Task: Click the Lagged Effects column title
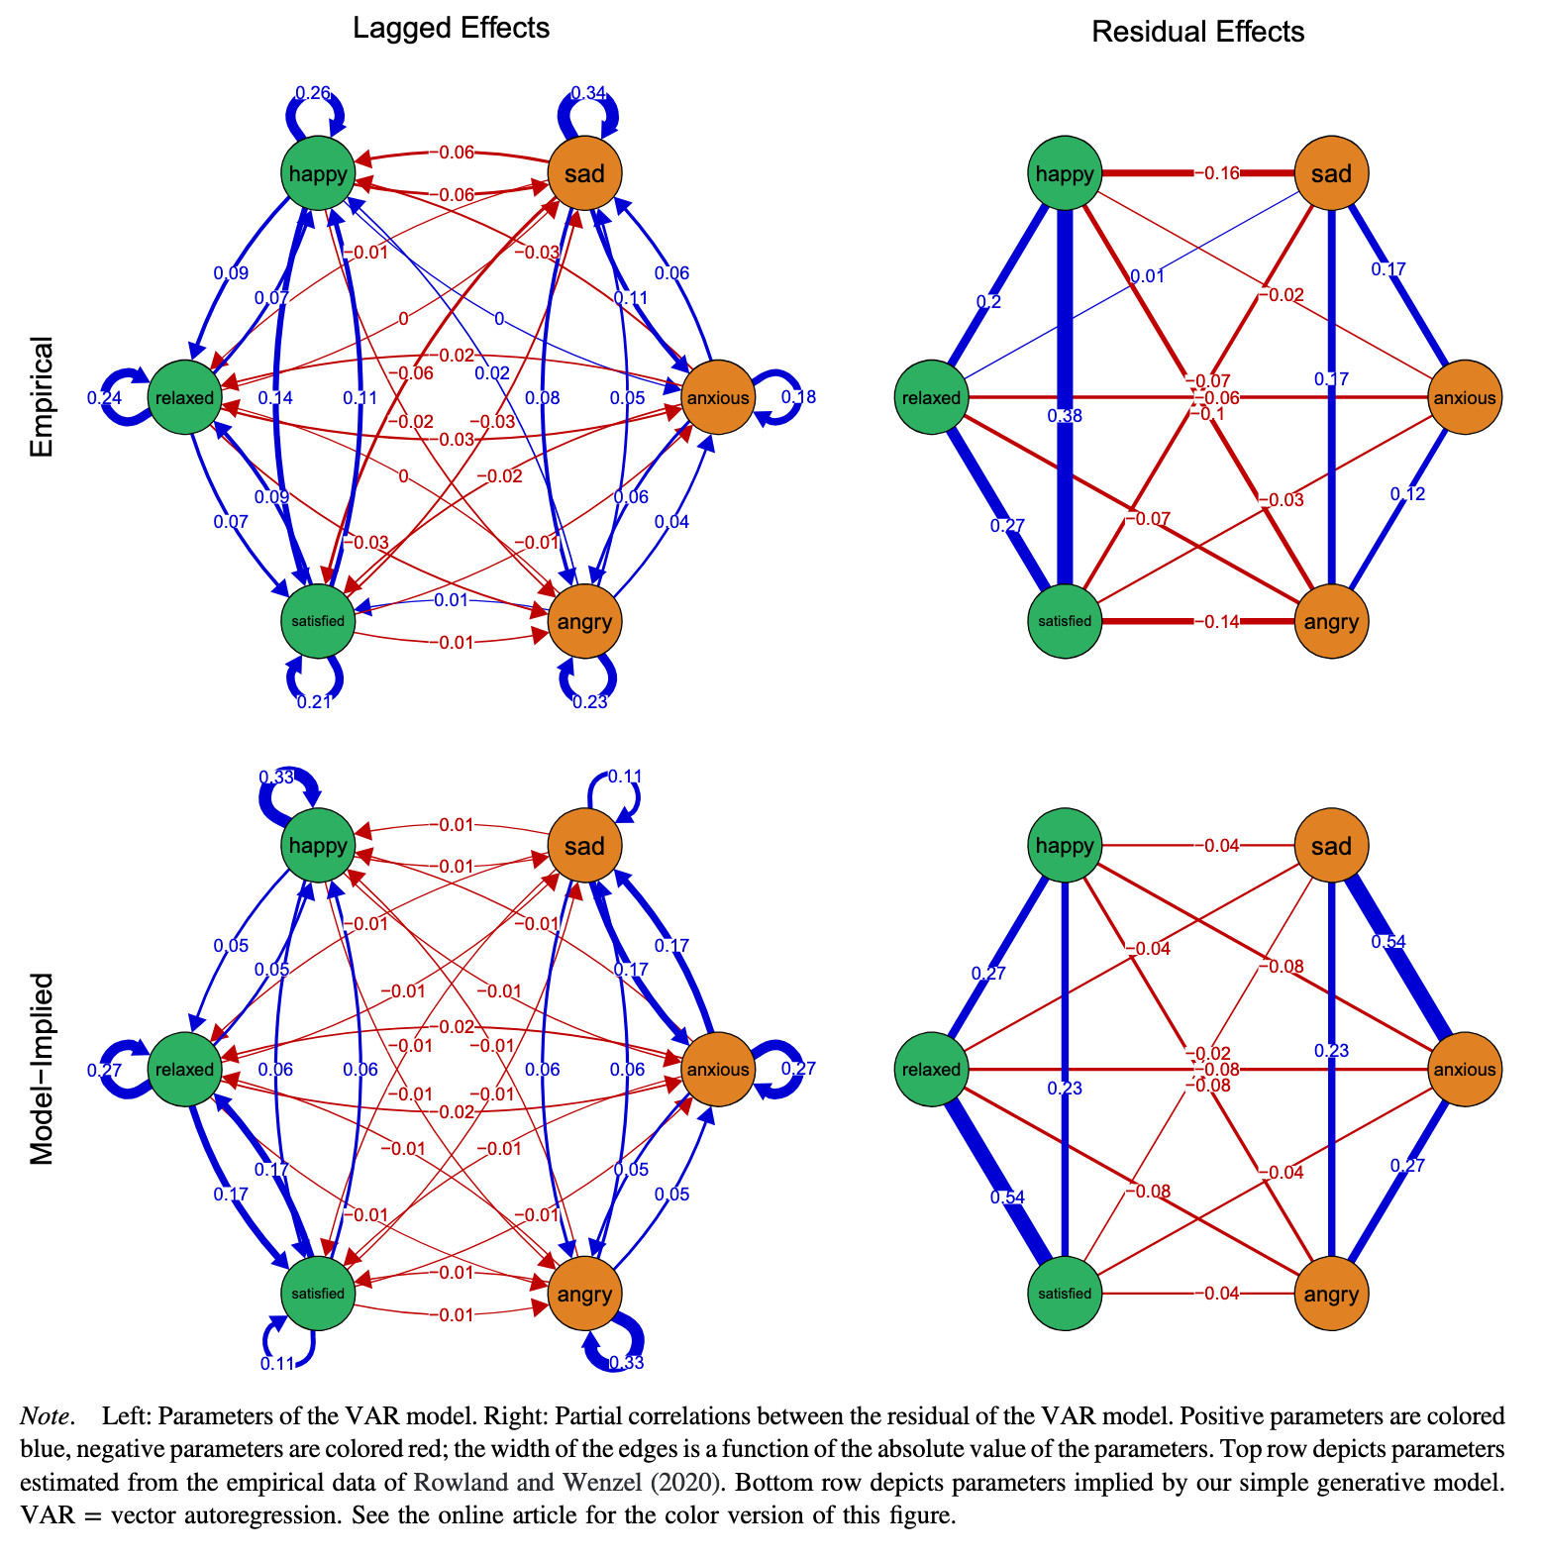pyautogui.click(x=451, y=28)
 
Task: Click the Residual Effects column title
pyautogui.click(x=1197, y=32)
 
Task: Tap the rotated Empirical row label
pyautogui.click(x=42, y=396)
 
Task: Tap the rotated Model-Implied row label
pyautogui.click(x=42, y=1068)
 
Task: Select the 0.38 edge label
pyautogui.click(x=1065, y=416)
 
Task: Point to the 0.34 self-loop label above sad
pyautogui.click(x=589, y=94)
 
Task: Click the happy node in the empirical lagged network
pyautogui.click(x=318, y=174)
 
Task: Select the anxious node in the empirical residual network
pyautogui.click(x=1464, y=398)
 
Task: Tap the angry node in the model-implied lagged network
pyautogui.click(x=584, y=1294)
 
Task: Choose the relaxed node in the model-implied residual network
pyautogui.click(x=931, y=1070)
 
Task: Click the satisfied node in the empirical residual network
pyautogui.click(x=1065, y=622)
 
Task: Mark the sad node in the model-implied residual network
pyautogui.click(x=1331, y=846)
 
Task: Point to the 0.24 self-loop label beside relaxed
pyautogui.click(x=104, y=397)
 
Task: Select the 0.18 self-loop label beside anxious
pyautogui.click(x=798, y=397)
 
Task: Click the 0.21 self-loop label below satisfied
pyautogui.click(x=314, y=702)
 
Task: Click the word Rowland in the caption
pyautogui.click(x=456, y=1483)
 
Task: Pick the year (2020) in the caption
pyautogui.click(x=689, y=1483)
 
